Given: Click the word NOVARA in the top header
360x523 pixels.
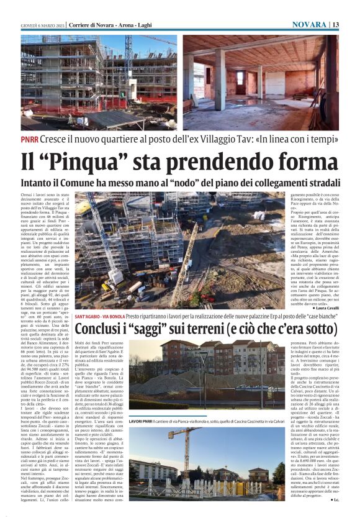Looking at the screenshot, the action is pyautogui.click(x=309, y=24).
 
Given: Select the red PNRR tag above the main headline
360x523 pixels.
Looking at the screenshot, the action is pyautogui.click(x=29, y=140).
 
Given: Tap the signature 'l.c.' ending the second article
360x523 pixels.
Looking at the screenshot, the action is pyautogui.click(x=335, y=499).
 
